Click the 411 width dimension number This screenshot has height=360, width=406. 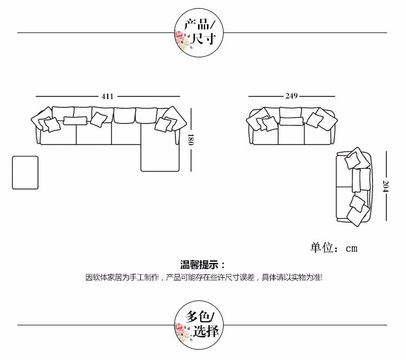107,96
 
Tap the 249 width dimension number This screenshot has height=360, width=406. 291,96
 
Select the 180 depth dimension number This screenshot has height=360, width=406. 191,140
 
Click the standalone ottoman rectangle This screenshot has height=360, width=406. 25,173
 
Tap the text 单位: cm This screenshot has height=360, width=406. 333,248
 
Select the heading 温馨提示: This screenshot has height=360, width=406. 202,265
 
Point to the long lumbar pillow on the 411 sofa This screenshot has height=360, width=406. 75,120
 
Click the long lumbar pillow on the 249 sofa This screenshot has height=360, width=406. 291,121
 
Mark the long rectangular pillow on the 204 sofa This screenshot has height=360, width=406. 357,180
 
